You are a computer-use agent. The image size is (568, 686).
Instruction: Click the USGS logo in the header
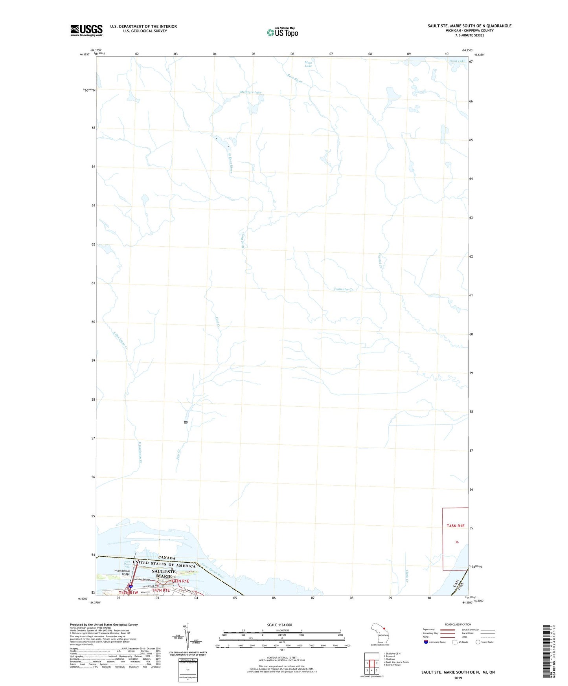tap(86, 30)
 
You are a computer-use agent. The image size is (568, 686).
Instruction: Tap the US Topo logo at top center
tap(282, 32)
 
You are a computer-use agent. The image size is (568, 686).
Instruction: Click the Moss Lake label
tap(308, 64)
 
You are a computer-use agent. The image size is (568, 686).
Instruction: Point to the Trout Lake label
tap(457, 61)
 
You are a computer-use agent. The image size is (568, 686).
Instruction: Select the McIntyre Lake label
tap(250, 92)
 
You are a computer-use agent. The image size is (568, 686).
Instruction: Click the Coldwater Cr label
tap(343, 289)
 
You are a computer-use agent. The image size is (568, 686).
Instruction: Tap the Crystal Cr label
tap(380, 260)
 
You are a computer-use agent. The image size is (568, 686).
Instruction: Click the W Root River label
tap(231, 162)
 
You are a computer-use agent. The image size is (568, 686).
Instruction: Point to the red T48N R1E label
tap(455, 526)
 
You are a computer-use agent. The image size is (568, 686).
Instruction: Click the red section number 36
tap(457, 542)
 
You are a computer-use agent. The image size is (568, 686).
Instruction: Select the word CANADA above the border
tap(167, 558)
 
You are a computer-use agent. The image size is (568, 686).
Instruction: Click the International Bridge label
tap(122, 572)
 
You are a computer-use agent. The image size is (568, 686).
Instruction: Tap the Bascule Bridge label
tap(141, 580)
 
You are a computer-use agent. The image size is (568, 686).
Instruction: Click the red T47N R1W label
tap(129, 592)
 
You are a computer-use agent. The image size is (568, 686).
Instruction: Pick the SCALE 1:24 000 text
tap(279, 625)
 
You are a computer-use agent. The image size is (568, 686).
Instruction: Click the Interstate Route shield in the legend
tap(426, 642)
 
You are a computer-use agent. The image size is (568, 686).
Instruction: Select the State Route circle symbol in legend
tap(478, 642)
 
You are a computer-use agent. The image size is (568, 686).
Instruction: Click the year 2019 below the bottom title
tap(458, 678)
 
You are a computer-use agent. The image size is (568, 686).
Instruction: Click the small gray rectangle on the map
tap(186, 422)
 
